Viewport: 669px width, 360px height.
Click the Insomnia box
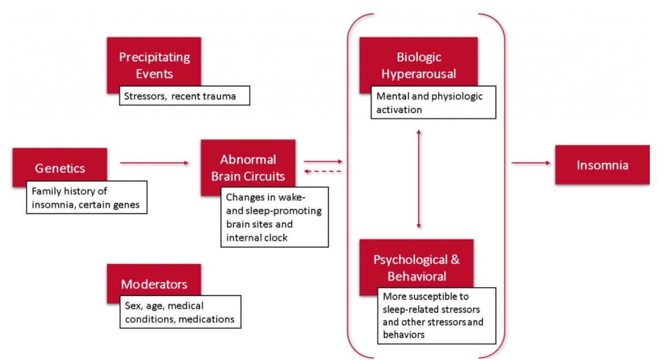coord(602,164)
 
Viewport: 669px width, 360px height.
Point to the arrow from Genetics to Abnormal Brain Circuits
coord(154,163)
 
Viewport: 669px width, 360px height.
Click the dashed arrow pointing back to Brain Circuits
coord(323,172)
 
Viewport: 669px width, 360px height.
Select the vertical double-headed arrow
coord(419,179)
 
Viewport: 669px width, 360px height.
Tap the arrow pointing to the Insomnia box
coord(531,163)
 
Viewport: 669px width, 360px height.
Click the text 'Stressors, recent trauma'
coord(180,96)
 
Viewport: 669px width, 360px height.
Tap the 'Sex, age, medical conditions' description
coord(180,312)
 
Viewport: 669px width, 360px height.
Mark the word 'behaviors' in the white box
coord(404,335)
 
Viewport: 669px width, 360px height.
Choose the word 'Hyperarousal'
coord(419,74)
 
